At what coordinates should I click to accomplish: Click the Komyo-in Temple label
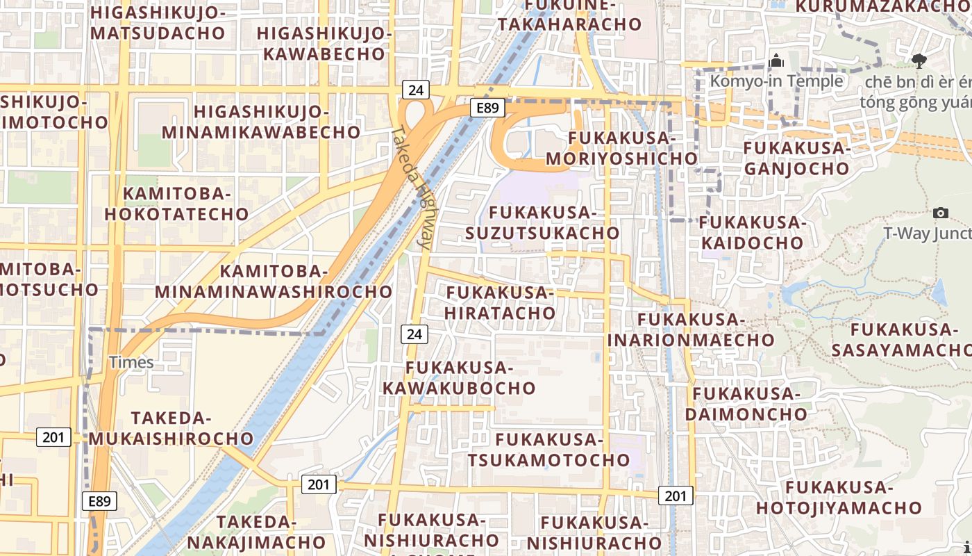coord(776,81)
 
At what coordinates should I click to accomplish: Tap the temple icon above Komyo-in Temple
coord(777,62)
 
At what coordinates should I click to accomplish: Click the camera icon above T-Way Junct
coord(941,213)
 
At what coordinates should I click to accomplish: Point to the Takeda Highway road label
coord(414,187)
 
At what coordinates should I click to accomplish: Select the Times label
coord(131,362)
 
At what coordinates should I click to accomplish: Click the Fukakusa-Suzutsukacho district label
coord(542,222)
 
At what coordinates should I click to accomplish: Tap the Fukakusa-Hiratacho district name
coord(500,303)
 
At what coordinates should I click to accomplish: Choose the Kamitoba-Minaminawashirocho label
coord(274,281)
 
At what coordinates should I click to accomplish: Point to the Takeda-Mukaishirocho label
coord(171,428)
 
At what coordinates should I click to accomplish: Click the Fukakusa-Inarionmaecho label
coord(691,329)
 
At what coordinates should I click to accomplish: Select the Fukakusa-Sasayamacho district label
coord(901,340)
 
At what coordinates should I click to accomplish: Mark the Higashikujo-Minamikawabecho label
coord(261,122)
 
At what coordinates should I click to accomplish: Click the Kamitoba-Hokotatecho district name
coord(176,204)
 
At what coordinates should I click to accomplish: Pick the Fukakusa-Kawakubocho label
coord(460,377)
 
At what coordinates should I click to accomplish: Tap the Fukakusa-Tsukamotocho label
coord(548,450)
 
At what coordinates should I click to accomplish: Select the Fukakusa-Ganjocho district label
coord(796,158)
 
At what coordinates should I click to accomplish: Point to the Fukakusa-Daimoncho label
coord(746,404)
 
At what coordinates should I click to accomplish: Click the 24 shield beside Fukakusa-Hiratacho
coord(414,334)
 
